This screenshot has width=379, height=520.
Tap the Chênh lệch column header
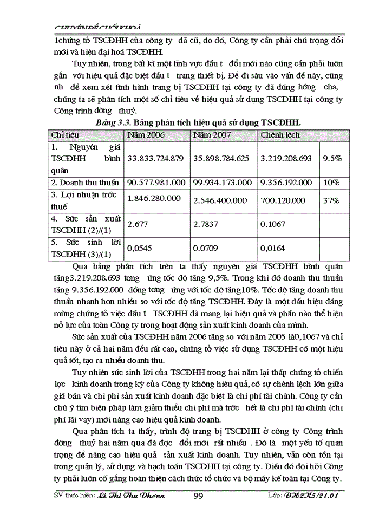coord(280,135)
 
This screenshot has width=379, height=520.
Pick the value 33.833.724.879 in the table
coord(155,159)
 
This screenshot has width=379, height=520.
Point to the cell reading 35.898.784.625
coord(223,159)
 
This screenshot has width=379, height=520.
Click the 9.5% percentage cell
coord(331,159)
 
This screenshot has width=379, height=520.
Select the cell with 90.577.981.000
coord(156,183)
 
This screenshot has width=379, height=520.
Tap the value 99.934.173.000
coord(223,183)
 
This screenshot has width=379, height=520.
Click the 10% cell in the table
coord(330,183)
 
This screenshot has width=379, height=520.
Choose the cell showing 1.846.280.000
coord(154,198)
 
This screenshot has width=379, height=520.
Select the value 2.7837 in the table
coord(206,223)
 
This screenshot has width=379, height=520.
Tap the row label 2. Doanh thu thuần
coord(84,183)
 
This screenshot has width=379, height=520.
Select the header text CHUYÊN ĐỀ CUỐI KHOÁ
coord(94,27)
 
